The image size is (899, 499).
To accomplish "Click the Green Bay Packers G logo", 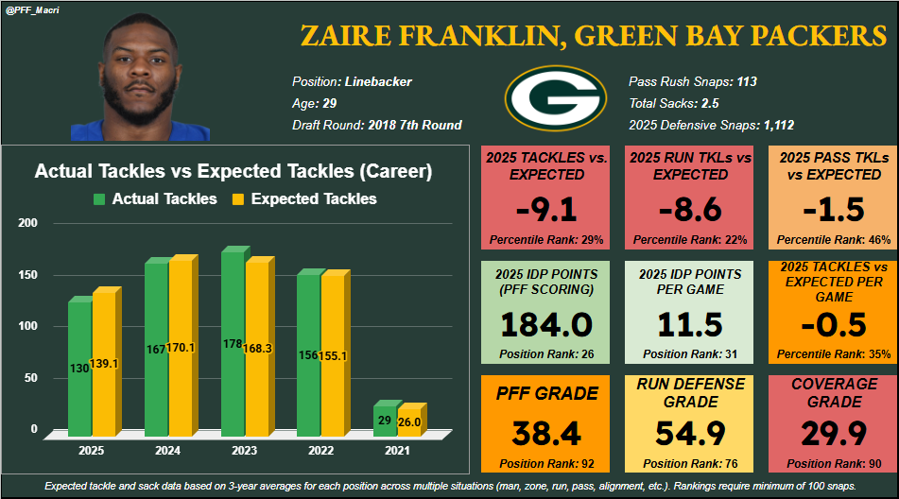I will pos(554,99).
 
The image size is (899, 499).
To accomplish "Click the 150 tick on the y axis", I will pos(28,275).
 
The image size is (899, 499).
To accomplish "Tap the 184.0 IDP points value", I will pos(546,324).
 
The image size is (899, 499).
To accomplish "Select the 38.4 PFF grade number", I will pos(546,433).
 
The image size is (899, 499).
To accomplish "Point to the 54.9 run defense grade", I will pos(690,433).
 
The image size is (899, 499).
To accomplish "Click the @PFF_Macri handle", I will pos(32,10).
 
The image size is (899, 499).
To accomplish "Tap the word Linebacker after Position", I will pos(378,82).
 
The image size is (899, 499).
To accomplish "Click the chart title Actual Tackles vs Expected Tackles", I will pos(233,172).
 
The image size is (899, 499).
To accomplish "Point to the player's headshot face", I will pos(137,71).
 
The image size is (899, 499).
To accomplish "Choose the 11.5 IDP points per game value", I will pos(690,324).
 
